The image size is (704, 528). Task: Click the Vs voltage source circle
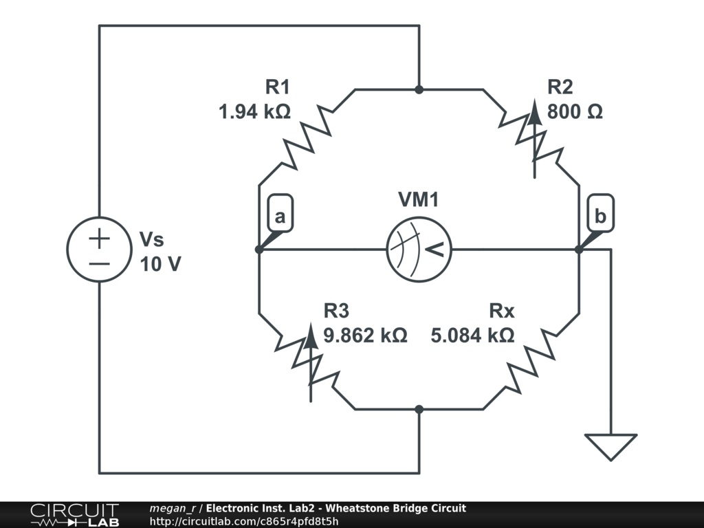[100, 249]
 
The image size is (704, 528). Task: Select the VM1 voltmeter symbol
[419, 249]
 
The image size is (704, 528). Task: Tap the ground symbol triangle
[610, 445]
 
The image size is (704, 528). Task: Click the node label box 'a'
[279, 217]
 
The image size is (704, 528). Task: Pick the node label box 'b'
[600, 217]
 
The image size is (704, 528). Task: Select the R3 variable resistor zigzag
[307, 361]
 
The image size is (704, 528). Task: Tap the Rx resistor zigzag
[531, 361]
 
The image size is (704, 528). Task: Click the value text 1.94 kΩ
[254, 111]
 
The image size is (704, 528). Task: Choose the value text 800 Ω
[575, 111]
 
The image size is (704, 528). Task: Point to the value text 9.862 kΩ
[365, 335]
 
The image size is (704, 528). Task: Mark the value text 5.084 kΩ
[472, 335]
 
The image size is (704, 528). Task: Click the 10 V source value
[161, 264]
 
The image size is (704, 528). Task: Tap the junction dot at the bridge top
[419, 89]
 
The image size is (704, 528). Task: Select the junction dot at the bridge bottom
[419, 409]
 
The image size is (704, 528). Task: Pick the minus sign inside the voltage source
[100, 263]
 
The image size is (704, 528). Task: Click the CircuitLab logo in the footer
[74, 515]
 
